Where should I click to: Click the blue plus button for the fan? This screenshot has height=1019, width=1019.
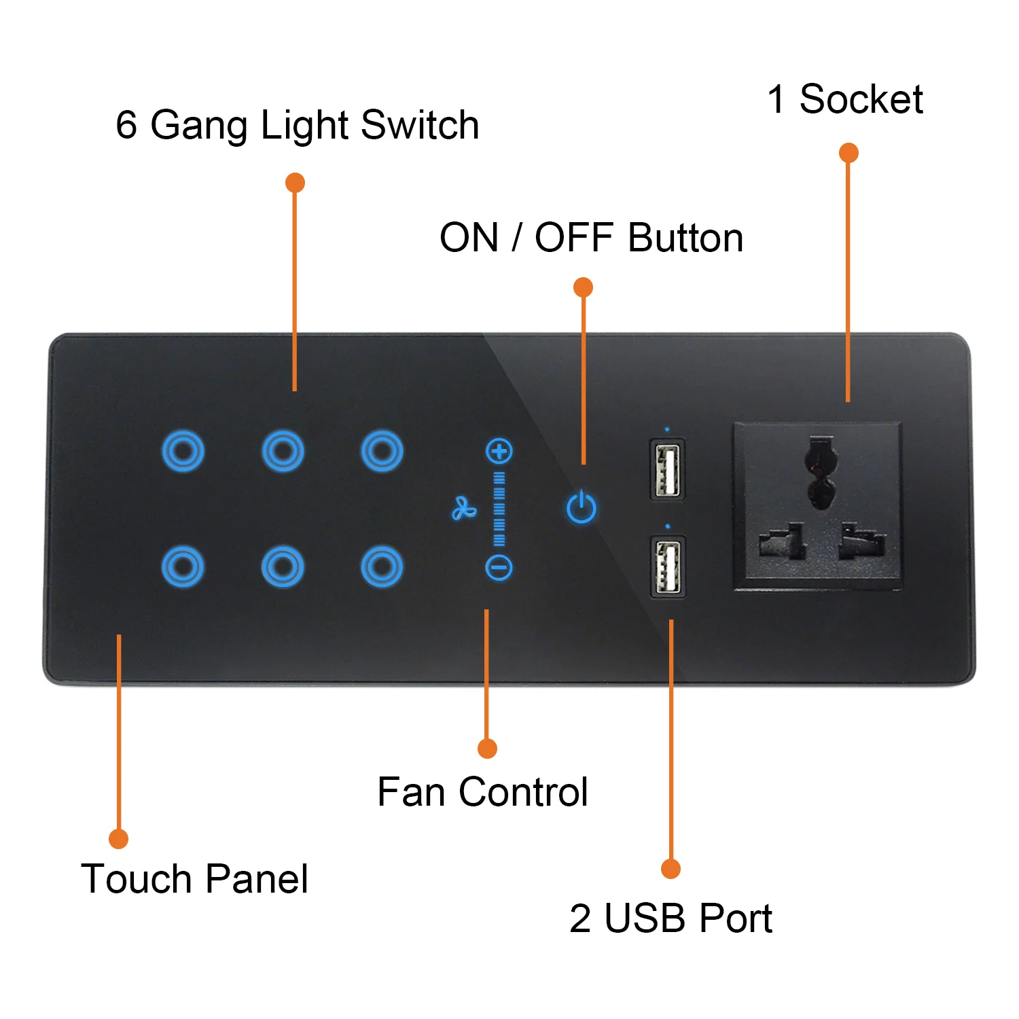click(x=499, y=451)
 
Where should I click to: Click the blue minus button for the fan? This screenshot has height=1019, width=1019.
click(x=499, y=568)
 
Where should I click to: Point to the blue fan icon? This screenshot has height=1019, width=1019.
click(x=464, y=508)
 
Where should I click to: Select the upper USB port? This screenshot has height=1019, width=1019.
click(x=667, y=469)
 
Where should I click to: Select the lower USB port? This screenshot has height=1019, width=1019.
click(x=668, y=567)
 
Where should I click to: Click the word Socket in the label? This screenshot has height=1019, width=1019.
click(x=861, y=99)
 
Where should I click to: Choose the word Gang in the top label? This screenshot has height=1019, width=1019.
click(x=199, y=126)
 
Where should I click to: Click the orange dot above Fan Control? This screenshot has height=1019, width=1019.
click(x=487, y=749)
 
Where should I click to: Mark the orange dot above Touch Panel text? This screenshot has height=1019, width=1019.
click(x=119, y=839)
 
